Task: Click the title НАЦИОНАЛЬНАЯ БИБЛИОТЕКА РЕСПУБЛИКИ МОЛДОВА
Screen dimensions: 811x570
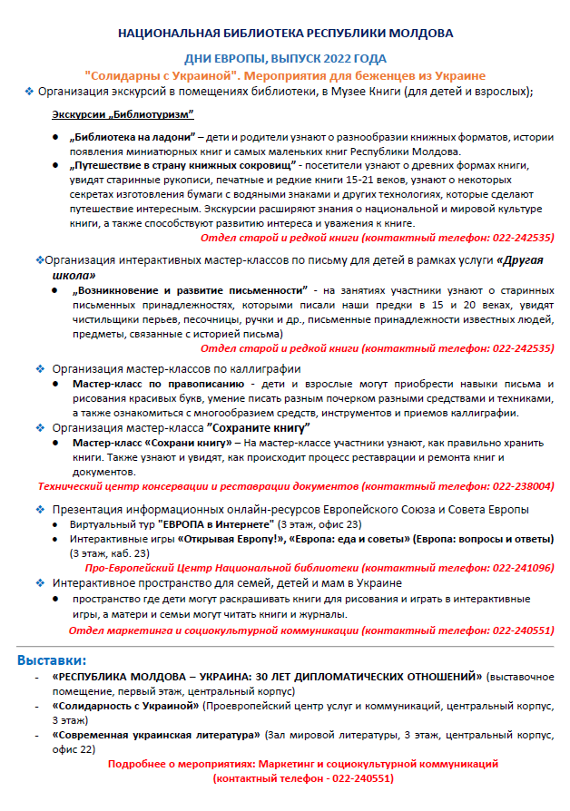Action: pyautogui.click(x=285, y=34)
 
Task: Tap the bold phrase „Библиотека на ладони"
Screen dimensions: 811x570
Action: pyautogui.click(x=133, y=137)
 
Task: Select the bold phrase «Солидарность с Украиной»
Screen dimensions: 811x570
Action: pyautogui.click(x=125, y=705)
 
